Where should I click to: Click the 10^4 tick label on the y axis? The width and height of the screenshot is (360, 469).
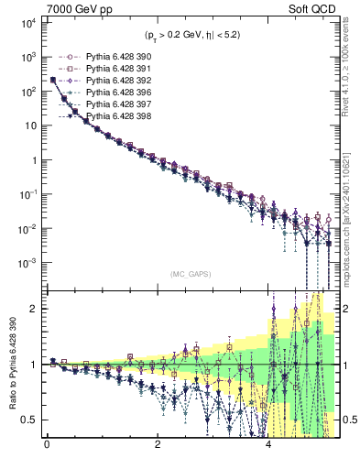tap(27, 23)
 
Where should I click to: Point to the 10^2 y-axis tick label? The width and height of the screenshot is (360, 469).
tap(27, 92)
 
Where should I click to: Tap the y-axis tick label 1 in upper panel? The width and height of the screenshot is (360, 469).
tap(35, 160)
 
